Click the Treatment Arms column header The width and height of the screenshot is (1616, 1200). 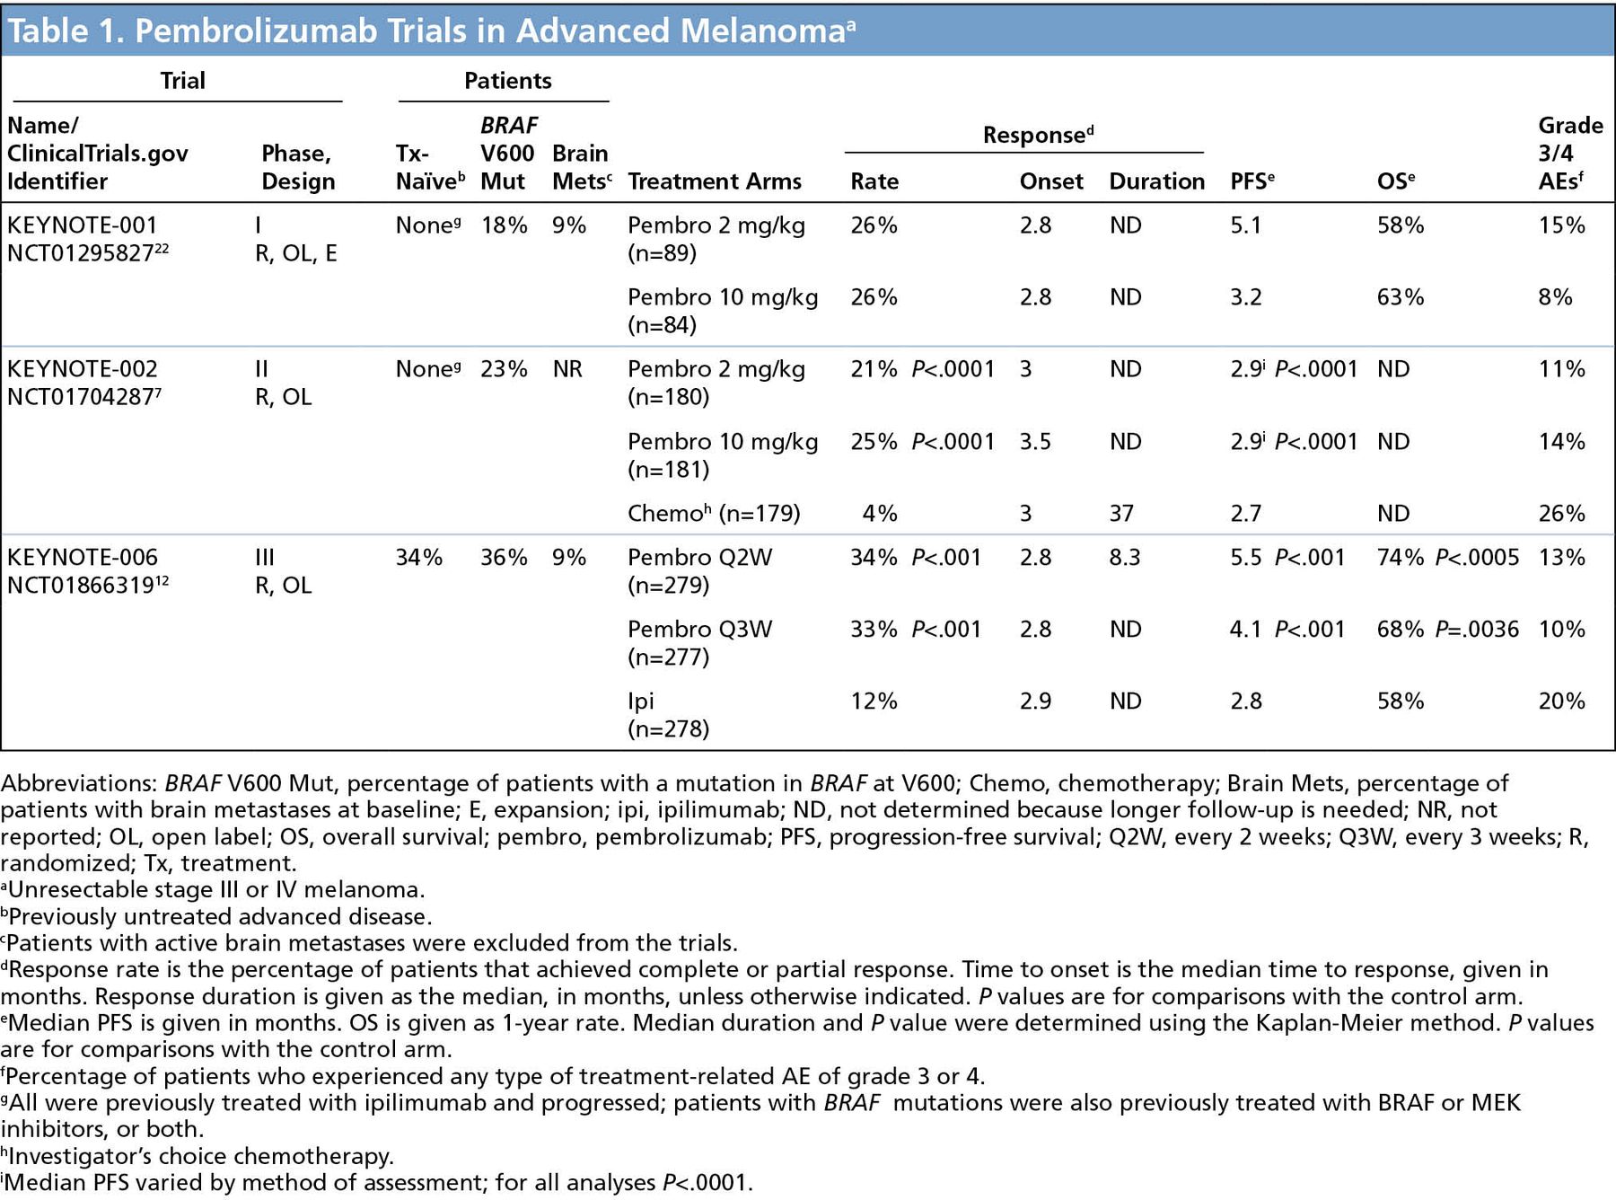[714, 181]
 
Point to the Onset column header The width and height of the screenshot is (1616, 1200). [1050, 181]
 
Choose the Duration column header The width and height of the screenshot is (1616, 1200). [1156, 181]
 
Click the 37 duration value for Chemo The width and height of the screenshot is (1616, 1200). [1121, 514]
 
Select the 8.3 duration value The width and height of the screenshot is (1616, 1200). [1124, 558]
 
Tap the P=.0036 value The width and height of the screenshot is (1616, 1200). [1476, 630]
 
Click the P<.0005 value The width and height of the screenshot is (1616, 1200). [1476, 558]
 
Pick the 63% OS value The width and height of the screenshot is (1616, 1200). [1400, 297]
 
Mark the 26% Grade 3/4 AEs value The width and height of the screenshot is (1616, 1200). [1561, 514]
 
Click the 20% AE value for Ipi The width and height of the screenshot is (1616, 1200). [1561, 701]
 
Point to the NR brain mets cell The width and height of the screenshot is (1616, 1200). [567, 369]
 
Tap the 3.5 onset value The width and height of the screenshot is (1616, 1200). [1035, 442]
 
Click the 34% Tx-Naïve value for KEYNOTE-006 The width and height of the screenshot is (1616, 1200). [418, 558]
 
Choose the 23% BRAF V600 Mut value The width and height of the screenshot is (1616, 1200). [504, 369]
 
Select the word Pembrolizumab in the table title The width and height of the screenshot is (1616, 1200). [228, 31]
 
